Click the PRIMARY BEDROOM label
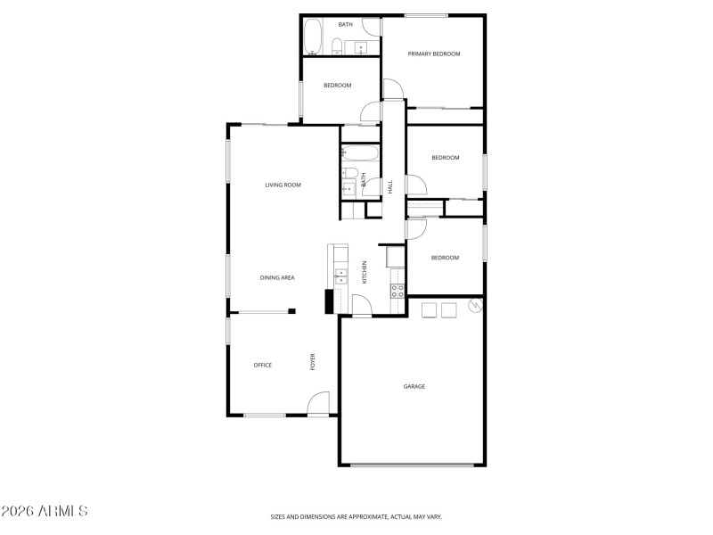pos(434,54)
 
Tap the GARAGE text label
pos(414,386)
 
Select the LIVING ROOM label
pos(283,185)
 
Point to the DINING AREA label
pos(277,278)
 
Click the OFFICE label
pos(262,365)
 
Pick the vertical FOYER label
pos(313,362)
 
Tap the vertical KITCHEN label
pos(364,272)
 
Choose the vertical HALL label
pos(390,186)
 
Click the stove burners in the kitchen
pos(397,290)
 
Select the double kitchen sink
pos(340,276)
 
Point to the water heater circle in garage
pos(474,308)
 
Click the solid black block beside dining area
pos(329,301)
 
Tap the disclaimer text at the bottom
pos(356,516)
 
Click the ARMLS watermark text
pos(45,511)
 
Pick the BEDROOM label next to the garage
pos(445,258)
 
